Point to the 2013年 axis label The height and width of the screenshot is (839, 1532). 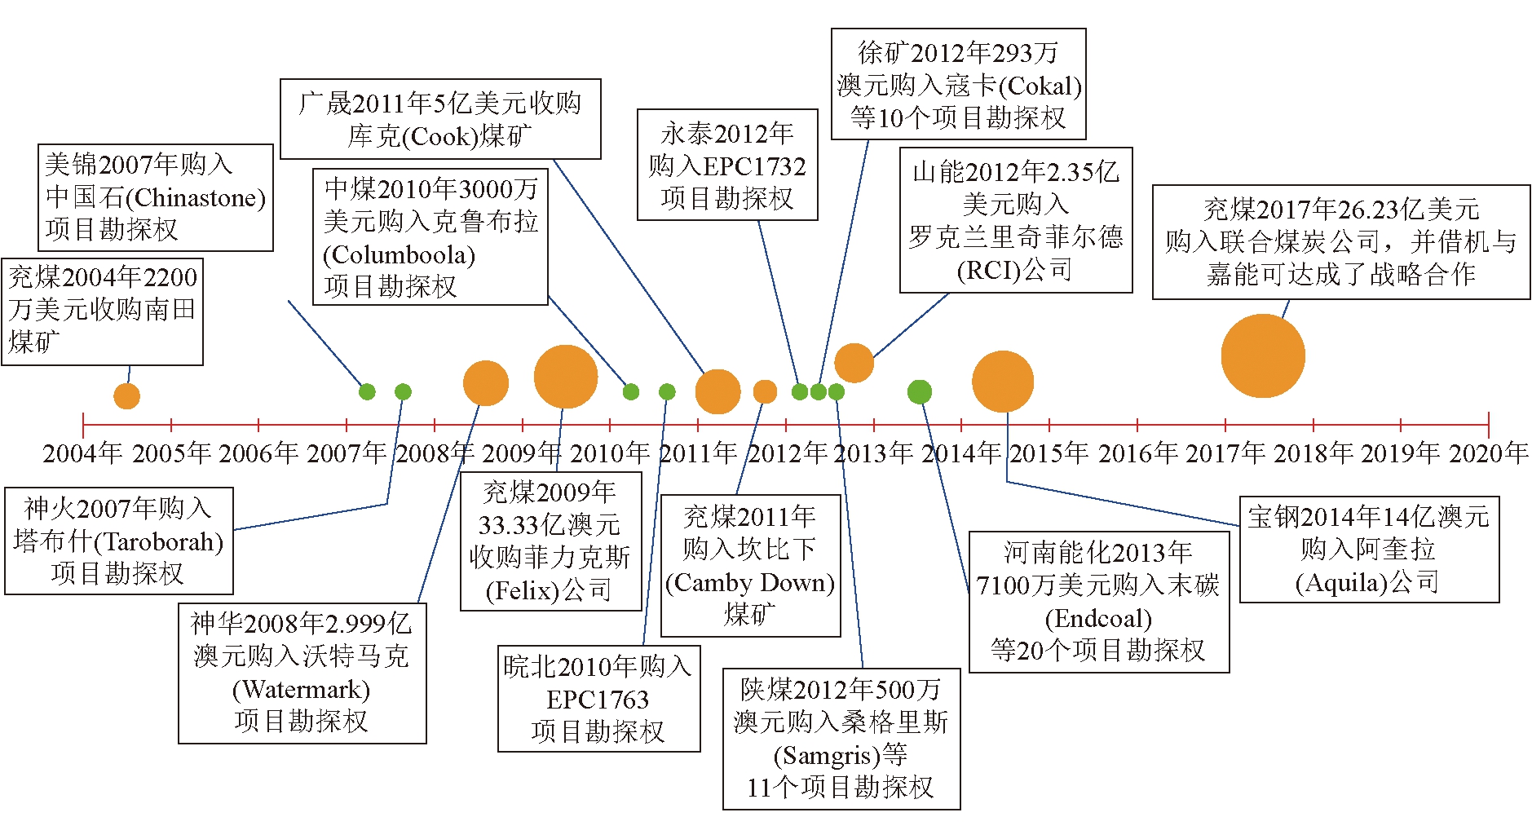[873, 453]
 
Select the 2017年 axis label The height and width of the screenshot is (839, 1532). [1225, 453]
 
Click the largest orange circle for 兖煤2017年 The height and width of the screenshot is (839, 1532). [1263, 356]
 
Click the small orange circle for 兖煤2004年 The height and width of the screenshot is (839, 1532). [126, 396]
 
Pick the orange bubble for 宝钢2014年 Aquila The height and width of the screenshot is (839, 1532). [1003, 382]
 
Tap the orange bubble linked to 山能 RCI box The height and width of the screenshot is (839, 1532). [854, 363]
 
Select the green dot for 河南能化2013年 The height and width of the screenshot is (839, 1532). [920, 392]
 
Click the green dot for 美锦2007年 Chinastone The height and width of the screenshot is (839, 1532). [367, 391]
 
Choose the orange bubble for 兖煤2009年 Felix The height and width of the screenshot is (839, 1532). [566, 377]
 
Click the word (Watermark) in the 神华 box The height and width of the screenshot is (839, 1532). [301, 690]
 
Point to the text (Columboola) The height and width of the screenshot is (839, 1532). [399, 255]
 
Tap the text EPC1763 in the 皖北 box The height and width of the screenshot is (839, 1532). [598, 700]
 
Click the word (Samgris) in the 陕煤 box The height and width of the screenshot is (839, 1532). [827, 756]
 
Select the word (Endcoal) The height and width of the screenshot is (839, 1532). [1098, 619]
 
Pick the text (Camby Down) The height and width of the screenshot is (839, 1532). [750, 583]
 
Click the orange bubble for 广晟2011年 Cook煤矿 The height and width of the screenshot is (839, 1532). [717, 391]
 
